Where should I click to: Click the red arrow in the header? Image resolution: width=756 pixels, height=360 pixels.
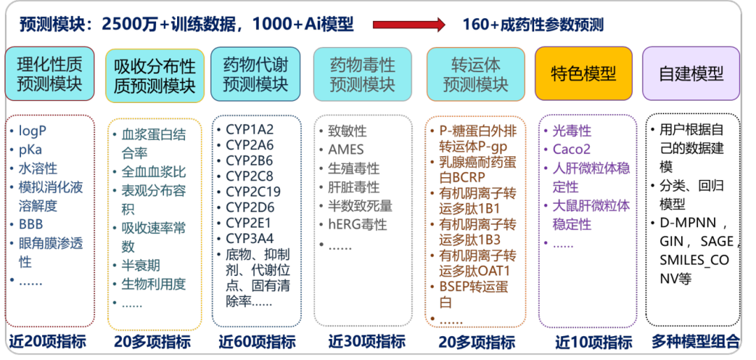point(409,25)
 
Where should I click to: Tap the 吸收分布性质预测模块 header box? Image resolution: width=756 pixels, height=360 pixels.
point(155,76)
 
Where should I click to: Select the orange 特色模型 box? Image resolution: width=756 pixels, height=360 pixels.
point(583,74)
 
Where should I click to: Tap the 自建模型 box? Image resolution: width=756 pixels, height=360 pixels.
point(691,74)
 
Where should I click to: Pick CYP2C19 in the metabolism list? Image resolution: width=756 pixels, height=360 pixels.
point(253,189)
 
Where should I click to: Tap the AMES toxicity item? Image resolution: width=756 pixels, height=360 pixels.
point(346,150)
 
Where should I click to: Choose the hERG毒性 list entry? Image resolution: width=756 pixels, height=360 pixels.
point(357,225)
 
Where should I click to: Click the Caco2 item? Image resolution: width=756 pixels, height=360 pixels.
point(571,149)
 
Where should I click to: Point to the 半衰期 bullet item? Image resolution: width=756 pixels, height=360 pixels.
point(141,265)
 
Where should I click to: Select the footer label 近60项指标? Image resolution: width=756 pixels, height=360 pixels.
point(257,342)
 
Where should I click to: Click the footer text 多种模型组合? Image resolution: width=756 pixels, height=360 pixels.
point(695,342)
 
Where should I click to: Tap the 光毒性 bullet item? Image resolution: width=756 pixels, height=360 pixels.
point(571,131)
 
